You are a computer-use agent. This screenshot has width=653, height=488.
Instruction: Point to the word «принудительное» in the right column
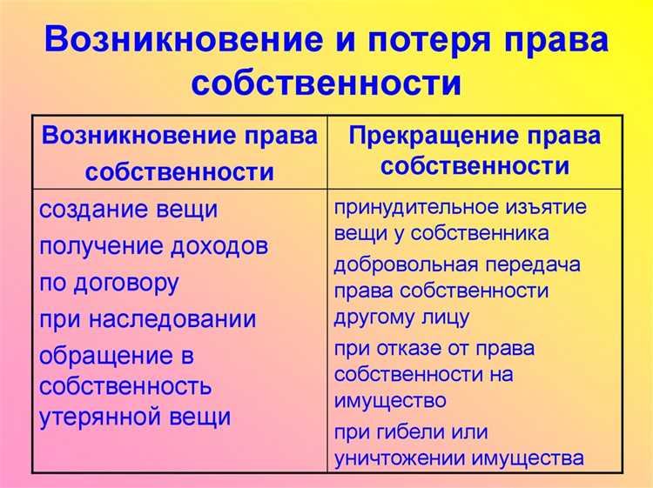point(413,207)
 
